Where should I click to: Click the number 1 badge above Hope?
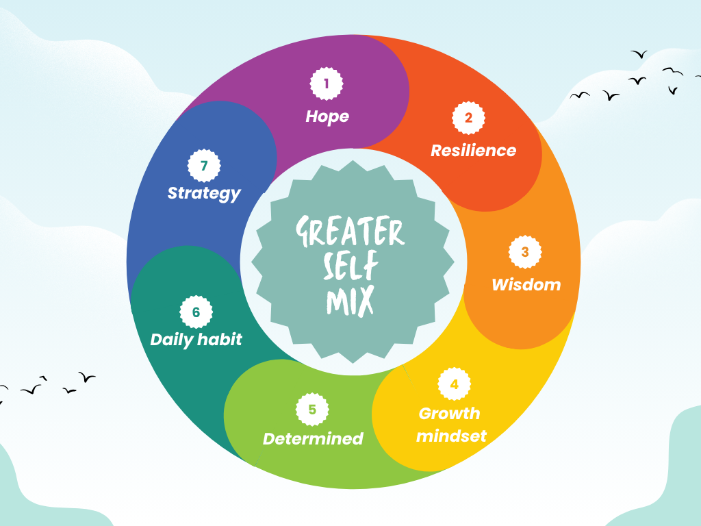[x=327, y=84]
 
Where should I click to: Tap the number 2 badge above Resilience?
[x=468, y=118]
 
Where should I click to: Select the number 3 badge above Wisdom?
[x=525, y=252]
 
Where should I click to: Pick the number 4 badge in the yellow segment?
[x=455, y=384]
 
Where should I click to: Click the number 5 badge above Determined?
[x=312, y=410]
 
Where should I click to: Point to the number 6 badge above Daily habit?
[x=196, y=312]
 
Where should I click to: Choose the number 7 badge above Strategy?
[x=204, y=166]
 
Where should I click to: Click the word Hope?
[x=327, y=117]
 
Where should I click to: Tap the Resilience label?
[x=474, y=151]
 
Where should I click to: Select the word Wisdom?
[x=526, y=285]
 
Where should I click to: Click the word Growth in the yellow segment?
[x=449, y=414]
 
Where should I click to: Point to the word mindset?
[x=451, y=436]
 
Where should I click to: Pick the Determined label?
[x=313, y=439]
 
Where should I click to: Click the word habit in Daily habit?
[x=220, y=340]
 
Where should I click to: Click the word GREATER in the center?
[x=350, y=231]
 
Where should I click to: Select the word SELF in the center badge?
[x=351, y=265]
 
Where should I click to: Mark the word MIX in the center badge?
[x=350, y=301]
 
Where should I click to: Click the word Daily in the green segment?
[x=172, y=340]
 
